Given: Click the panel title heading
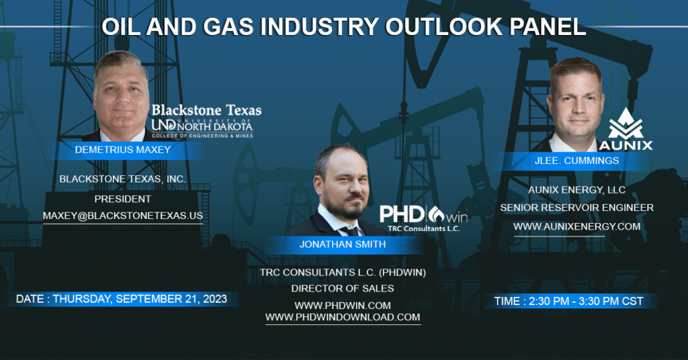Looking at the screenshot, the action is coord(343,27).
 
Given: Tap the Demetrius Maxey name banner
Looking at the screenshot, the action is coord(123,150).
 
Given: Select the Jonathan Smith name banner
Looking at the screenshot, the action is coord(343,244).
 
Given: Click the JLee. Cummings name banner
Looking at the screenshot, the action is coord(576,161).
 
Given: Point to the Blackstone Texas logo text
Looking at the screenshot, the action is coord(206,110).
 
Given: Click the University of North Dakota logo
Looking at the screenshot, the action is coord(202,128).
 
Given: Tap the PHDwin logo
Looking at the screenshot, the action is coord(423,218).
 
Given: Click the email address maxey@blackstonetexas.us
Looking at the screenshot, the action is coord(123,216).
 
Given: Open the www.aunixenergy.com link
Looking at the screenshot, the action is coord(576,227).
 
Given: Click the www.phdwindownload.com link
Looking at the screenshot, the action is coord(343,317).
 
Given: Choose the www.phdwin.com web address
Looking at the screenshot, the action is coord(343,306).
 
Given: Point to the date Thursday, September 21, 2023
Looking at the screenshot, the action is coord(122,299).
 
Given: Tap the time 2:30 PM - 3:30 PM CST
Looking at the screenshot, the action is coord(568,302).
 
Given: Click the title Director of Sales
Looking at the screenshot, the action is coord(343,289).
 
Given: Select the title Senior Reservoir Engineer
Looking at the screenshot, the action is coord(576,208).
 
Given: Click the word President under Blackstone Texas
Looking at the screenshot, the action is coord(123,199).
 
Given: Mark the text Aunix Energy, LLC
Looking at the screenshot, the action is coord(576,190).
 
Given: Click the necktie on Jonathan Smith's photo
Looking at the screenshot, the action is coord(351,230).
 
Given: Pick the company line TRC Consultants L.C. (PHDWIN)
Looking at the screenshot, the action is coord(343,273).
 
